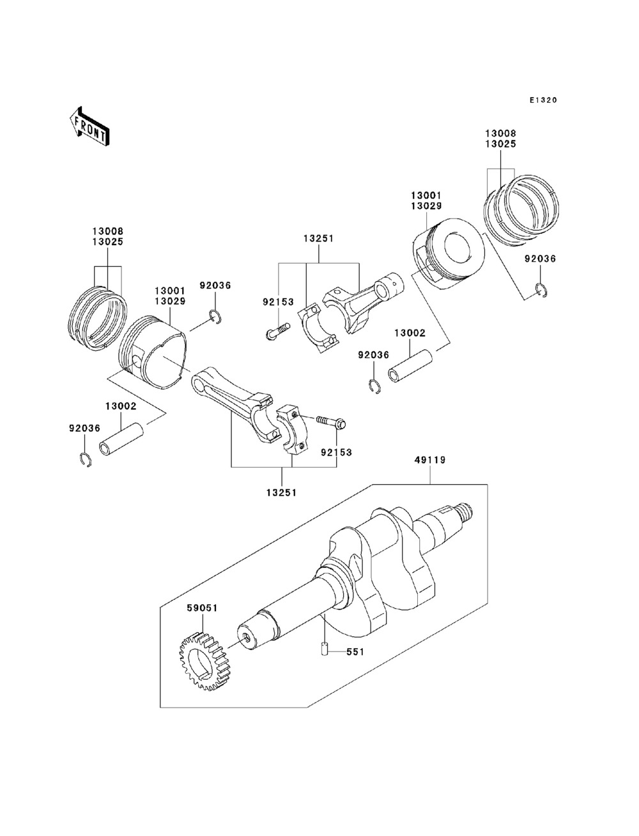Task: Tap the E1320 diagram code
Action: [x=543, y=100]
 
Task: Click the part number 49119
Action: [x=430, y=460]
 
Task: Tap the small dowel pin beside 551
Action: [x=323, y=649]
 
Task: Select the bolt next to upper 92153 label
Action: [x=277, y=331]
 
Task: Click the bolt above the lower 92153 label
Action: [x=331, y=422]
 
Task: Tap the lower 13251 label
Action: [x=281, y=492]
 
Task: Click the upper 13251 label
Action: [x=319, y=239]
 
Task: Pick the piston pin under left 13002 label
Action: [x=121, y=440]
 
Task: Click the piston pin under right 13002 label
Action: [x=410, y=367]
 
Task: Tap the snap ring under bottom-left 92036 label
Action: [x=86, y=460]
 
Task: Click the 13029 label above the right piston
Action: [x=426, y=206]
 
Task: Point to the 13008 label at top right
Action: [x=500, y=133]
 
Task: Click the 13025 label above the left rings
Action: [x=108, y=242]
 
